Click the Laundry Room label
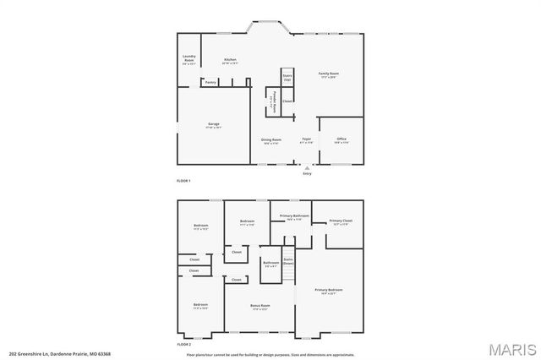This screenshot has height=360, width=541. pos(189,60)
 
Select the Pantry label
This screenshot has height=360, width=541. pos(210,82)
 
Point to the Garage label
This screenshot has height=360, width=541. pos(214,125)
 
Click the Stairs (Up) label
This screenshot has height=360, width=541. pos(287,77)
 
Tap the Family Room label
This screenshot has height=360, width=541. pos(329,75)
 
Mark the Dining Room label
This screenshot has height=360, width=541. pos(270,140)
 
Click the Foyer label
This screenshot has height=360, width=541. pos(306,140)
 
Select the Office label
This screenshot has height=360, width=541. pos(342,140)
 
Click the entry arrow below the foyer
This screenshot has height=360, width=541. pos(307,168)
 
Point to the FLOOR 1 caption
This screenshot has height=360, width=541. pos(183,182)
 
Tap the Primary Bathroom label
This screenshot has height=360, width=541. pos(295,217)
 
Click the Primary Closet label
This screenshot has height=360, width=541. pos(342,222)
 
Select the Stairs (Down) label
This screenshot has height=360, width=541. pos(288,261)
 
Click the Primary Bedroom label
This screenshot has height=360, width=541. pos(329,292)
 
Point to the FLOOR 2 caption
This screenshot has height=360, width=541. pos(183,345)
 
